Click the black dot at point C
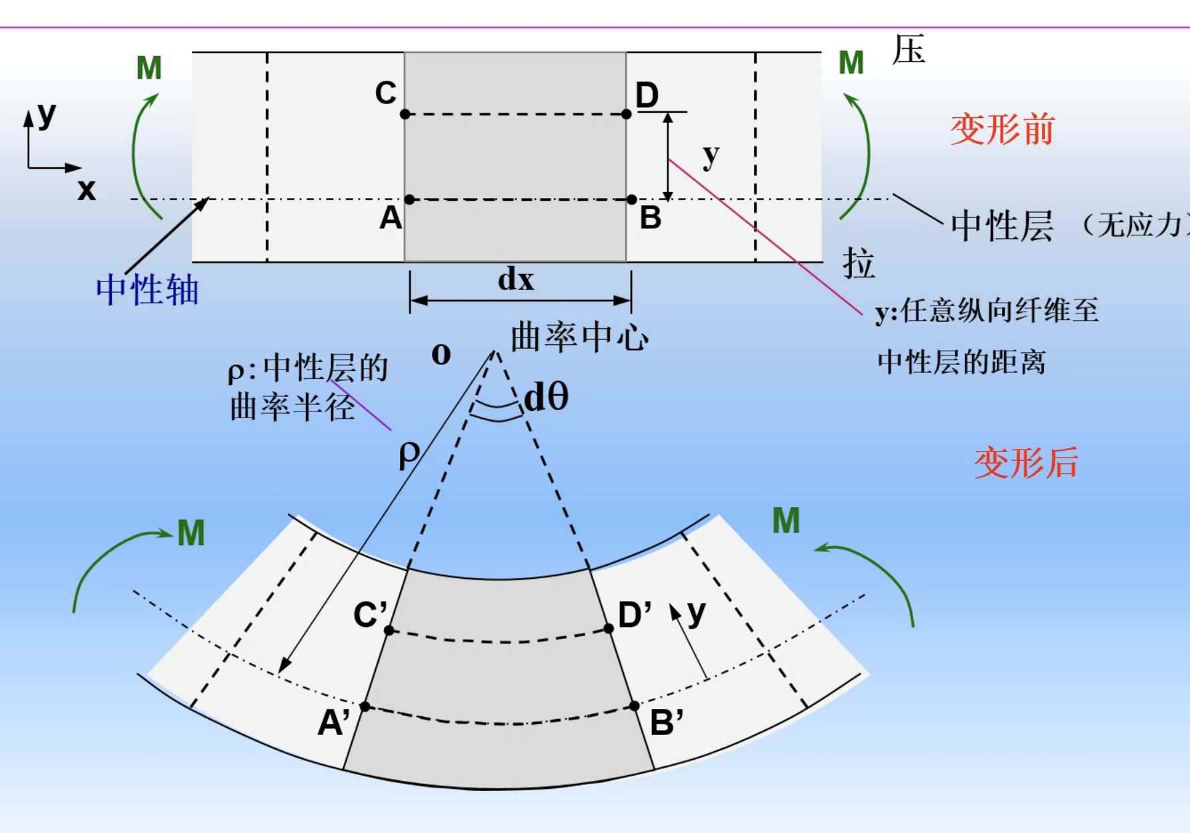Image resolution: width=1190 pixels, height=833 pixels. [405, 114]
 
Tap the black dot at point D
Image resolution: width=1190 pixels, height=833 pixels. [626, 114]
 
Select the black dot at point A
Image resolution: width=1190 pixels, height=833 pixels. [409, 199]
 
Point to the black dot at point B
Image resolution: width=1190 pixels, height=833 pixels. [632, 199]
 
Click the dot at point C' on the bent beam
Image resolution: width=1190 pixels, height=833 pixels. [389, 630]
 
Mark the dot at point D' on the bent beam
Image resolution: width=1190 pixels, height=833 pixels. [608, 628]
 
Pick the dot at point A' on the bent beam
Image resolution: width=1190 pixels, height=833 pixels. [365, 706]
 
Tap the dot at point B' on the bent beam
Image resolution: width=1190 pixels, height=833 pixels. [634, 706]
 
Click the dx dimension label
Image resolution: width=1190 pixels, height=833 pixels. [516, 279]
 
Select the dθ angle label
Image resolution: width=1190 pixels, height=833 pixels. [546, 397]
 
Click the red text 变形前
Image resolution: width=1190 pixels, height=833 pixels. [1002, 129]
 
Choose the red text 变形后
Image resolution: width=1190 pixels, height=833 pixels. [1025, 463]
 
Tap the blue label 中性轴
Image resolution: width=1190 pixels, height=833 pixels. [147, 290]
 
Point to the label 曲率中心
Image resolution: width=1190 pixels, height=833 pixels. [579, 337]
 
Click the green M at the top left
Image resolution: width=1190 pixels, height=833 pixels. [149, 68]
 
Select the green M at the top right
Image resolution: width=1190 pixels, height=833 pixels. [851, 63]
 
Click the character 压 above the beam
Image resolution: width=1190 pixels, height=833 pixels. [909, 50]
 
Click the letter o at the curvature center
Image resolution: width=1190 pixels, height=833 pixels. [441, 354]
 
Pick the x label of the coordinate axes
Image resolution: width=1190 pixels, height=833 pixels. [86, 190]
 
